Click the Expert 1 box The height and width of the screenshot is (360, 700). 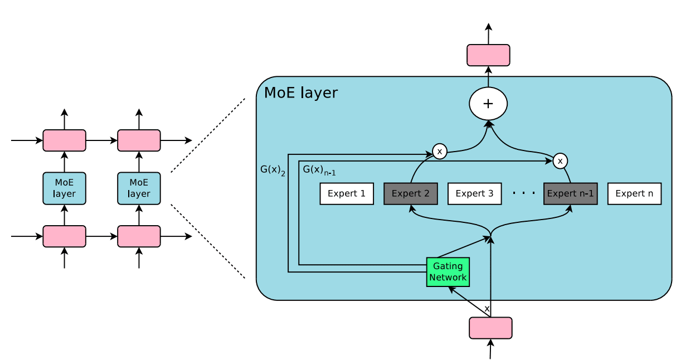(x=347, y=194)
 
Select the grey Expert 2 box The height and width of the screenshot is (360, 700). (x=411, y=194)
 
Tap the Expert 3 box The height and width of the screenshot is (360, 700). (x=475, y=194)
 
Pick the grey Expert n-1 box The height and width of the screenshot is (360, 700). (x=571, y=194)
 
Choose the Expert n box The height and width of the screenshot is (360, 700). (x=634, y=194)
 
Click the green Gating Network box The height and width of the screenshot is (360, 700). (x=448, y=272)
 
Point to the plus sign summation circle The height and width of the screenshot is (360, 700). (x=488, y=104)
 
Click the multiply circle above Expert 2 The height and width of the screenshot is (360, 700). (x=440, y=151)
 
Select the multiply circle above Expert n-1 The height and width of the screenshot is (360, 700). (x=560, y=161)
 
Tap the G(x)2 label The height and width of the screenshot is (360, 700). (x=273, y=170)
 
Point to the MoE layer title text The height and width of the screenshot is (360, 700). (x=300, y=93)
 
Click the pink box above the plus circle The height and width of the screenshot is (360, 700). (x=488, y=55)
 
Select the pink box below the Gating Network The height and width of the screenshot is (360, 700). (x=490, y=328)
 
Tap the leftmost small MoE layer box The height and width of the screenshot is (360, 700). (x=64, y=188)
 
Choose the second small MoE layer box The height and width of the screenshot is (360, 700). (x=139, y=188)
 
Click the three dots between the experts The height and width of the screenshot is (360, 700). (x=524, y=193)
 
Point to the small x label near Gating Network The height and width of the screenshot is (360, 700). (x=487, y=308)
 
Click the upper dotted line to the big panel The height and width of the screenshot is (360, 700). (x=207, y=136)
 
